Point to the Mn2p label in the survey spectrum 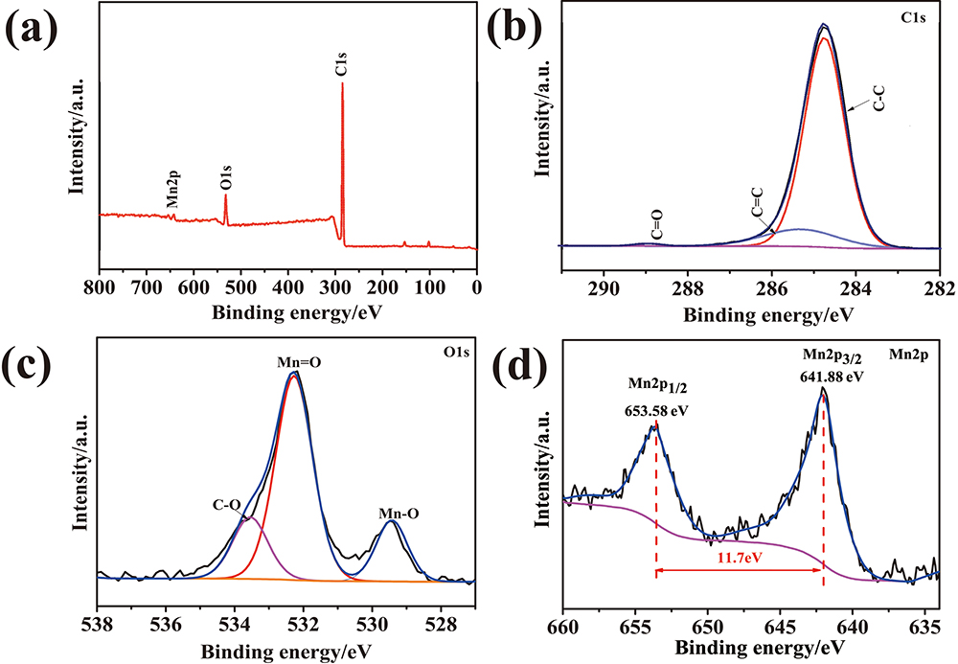(171, 188)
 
